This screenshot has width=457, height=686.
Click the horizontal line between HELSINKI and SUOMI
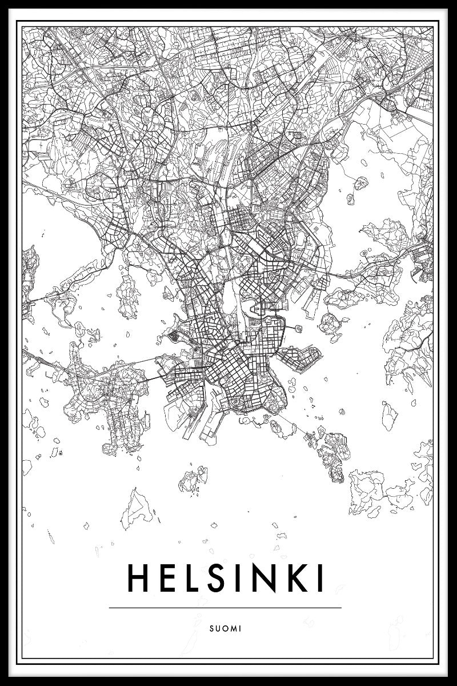[x=225, y=608]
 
